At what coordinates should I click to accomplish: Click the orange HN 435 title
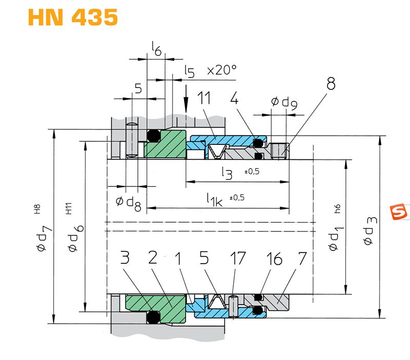pos(73,17)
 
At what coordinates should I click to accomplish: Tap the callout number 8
pos(331,83)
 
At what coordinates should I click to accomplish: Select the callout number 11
pos(203,98)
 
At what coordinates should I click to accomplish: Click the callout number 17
pos(238,258)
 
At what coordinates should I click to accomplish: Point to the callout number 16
pos(274,259)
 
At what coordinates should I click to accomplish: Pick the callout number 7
pos(302,259)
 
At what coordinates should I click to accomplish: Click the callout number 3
pos(125,258)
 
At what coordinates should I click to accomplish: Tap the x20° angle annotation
pos(222,70)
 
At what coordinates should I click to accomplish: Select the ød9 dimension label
pos(284,102)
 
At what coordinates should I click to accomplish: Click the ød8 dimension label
pos(129,203)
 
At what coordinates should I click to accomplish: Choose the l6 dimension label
pos(157,49)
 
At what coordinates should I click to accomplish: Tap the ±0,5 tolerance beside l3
pos(252,172)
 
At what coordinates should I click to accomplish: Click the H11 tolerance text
pos(69,208)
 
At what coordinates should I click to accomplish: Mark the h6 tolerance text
pos(337,209)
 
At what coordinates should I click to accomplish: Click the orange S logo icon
pos(399,211)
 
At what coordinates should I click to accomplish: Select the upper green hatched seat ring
pos(165,144)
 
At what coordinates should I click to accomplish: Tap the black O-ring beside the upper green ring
pos(153,136)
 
